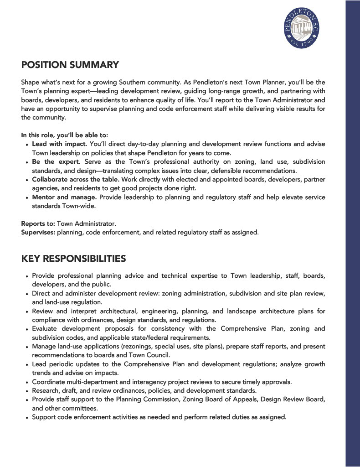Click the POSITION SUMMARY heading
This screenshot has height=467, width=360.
coord(70,65)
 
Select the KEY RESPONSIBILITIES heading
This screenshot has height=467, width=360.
coord(73,259)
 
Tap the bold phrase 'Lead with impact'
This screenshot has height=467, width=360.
coord(59,144)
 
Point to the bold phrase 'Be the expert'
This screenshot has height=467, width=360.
coord(56,162)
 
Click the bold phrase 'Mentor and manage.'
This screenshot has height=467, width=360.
coord(64,197)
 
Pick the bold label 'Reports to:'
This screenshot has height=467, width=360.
coord(38,224)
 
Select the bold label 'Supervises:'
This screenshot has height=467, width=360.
coord(38,233)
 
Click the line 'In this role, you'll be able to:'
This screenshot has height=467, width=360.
coord(64,135)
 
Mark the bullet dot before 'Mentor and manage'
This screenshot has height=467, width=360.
coord(27,198)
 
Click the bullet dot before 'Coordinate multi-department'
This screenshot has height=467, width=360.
coord(27,382)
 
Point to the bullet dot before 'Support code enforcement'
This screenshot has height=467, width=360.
coord(27,417)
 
